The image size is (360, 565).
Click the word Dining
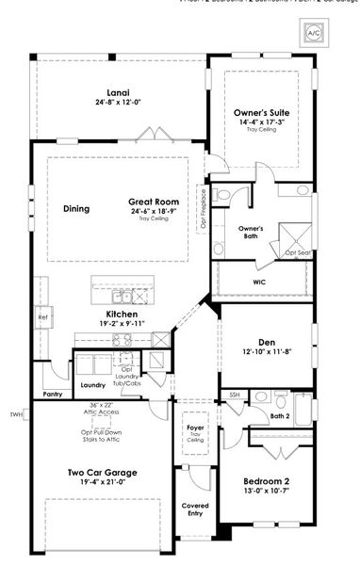point(76,208)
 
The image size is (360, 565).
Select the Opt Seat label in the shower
point(298,252)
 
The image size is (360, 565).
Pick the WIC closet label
point(259,281)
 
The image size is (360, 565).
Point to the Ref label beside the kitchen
point(41,318)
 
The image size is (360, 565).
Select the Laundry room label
point(92,385)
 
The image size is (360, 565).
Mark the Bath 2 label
point(280,415)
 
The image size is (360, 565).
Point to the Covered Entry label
point(195,509)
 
